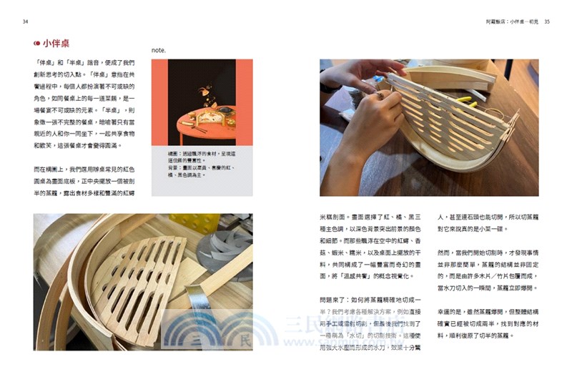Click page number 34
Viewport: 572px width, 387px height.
(x=26, y=22)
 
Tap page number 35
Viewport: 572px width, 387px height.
(x=547, y=22)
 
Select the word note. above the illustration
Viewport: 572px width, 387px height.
(x=159, y=51)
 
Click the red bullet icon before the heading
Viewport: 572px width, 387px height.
(x=37, y=44)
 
